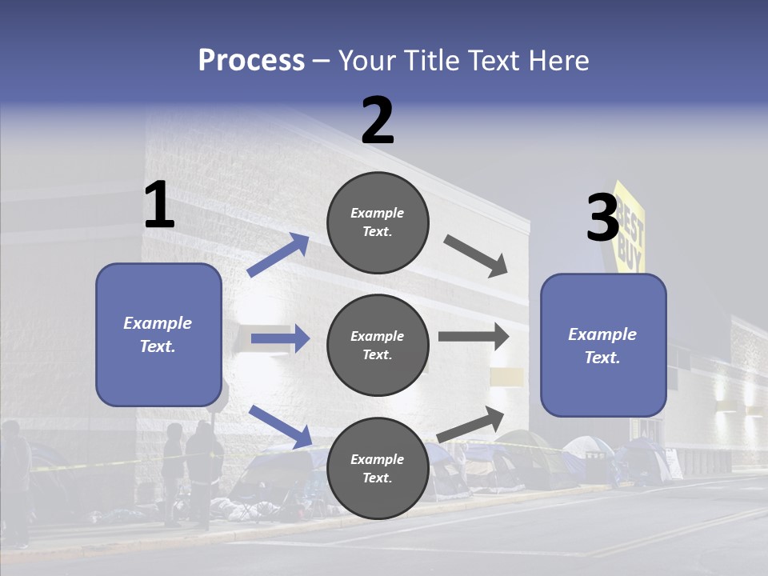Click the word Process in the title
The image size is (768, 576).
point(251,61)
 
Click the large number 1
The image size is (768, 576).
point(159,205)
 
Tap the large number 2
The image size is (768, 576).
point(378,121)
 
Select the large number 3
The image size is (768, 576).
point(602,218)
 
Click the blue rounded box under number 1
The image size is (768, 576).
point(158,334)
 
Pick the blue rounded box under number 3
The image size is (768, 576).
point(603,345)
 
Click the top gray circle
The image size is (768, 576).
point(378,222)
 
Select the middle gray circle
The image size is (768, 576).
point(378,345)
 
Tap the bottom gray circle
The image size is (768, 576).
point(378,468)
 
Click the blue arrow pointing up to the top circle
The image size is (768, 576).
point(278,255)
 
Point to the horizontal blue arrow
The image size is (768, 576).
point(280,338)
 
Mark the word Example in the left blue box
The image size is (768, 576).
point(158,323)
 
